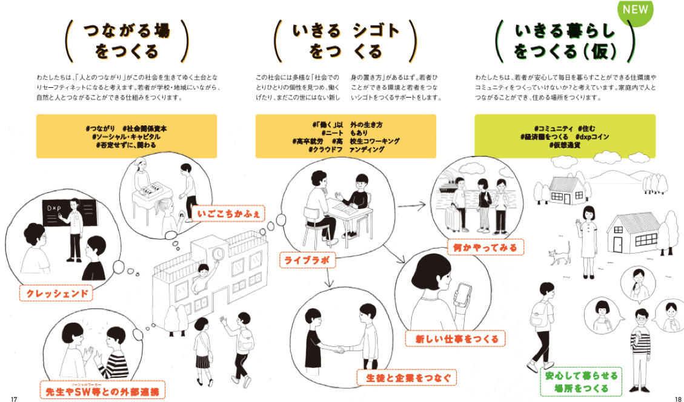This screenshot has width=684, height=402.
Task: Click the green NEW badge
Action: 634,10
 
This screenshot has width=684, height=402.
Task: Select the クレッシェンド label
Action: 57,294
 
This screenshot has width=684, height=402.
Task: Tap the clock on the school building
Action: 217,253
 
